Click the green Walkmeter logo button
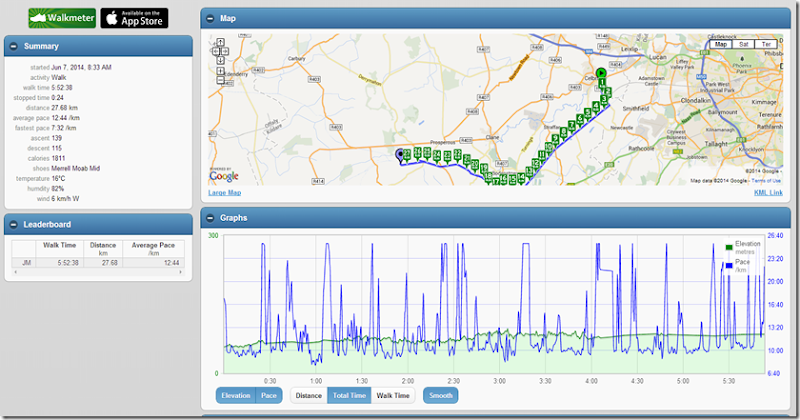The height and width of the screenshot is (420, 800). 62,17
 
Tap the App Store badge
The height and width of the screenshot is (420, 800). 134,17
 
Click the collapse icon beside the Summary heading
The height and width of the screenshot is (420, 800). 12,46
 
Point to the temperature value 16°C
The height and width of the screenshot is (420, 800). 60,178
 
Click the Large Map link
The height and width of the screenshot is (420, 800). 224,192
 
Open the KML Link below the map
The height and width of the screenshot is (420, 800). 768,192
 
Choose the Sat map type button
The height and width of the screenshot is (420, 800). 743,44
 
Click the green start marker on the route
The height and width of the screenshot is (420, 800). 601,73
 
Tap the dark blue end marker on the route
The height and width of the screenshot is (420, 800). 401,154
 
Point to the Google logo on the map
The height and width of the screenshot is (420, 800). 224,176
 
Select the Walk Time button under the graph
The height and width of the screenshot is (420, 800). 392,395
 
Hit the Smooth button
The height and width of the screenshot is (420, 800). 441,395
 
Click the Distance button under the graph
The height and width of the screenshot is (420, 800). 309,395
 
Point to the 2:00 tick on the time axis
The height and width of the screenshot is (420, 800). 407,381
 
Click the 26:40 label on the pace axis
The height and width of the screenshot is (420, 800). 775,236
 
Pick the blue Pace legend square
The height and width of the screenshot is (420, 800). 729,263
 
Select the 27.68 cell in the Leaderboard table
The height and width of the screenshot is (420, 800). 104,262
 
